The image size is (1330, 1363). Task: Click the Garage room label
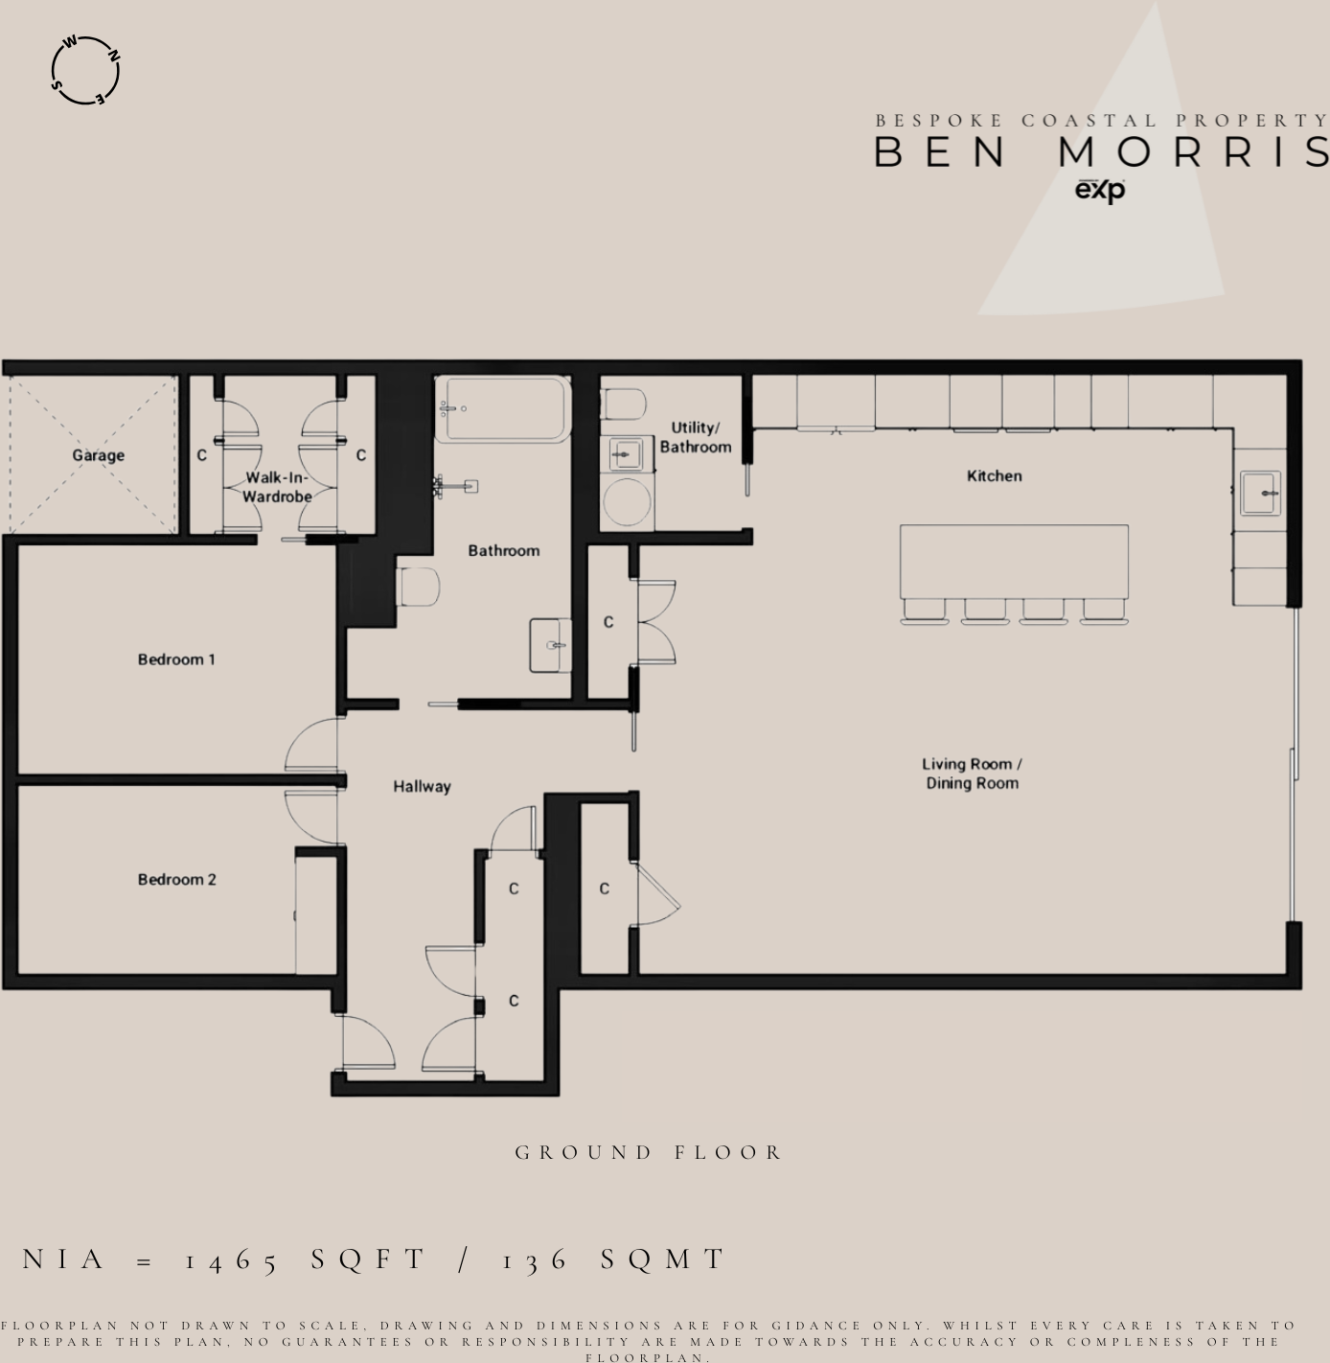click(x=98, y=455)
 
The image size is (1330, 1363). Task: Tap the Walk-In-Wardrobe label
click(x=277, y=487)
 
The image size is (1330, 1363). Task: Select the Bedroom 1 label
click(x=176, y=659)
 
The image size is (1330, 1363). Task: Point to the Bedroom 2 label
click(x=176, y=879)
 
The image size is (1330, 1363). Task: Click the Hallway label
click(x=422, y=786)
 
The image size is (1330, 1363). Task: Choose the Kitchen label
click(x=994, y=475)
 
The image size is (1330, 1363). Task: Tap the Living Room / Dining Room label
click(x=972, y=774)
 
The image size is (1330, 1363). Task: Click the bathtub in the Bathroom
click(x=502, y=409)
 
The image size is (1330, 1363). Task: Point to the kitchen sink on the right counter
click(x=1260, y=493)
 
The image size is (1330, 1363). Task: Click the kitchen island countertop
click(x=1014, y=561)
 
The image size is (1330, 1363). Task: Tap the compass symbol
click(x=85, y=71)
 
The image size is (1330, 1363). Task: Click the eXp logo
click(x=1099, y=191)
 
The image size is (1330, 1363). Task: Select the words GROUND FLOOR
click(x=649, y=1152)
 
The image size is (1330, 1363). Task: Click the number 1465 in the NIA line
click(x=231, y=1259)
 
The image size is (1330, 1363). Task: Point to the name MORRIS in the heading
click(x=1194, y=152)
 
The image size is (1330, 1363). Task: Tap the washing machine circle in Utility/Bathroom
click(x=627, y=500)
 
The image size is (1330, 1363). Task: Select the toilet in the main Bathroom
click(x=418, y=587)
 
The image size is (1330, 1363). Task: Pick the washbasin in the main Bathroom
click(x=550, y=645)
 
